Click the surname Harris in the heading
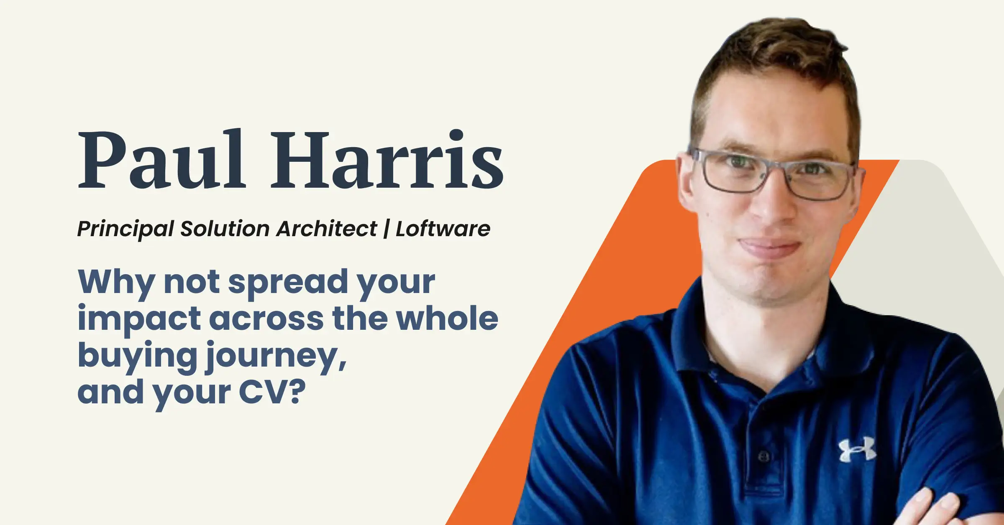(387, 159)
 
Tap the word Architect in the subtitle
(326, 229)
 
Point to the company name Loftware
(443, 229)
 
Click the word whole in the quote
(447, 318)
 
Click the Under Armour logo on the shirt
(857, 450)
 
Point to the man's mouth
(769, 247)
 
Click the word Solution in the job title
(225, 229)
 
